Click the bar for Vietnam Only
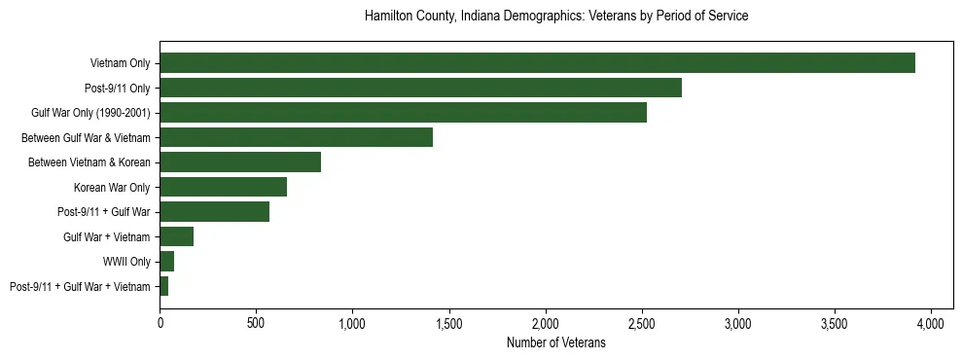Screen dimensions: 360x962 pyautogui.click(x=537, y=63)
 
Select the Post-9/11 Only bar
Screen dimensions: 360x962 pyautogui.click(x=420, y=88)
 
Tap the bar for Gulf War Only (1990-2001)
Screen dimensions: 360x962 pyautogui.click(x=403, y=113)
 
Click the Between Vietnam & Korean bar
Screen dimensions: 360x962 pyautogui.click(x=240, y=162)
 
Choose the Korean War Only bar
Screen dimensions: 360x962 pyautogui.click(x=223, y=187)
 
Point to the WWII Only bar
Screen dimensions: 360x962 pyautogui.click(x=166, y=262)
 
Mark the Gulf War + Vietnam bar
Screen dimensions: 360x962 pyautogui.click(x=176, y=236)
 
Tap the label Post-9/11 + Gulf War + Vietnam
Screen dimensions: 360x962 pyautogui.click(x=80, y=287)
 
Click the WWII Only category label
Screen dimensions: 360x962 pyautogui.click(x=126, y=262)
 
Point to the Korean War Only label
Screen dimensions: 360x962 pyautogui.click(x=112, y=187)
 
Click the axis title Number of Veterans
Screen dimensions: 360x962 pyautogui.click(x=555, y=342)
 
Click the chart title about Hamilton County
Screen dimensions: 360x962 pyautogui.click(x=555, y=17)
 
